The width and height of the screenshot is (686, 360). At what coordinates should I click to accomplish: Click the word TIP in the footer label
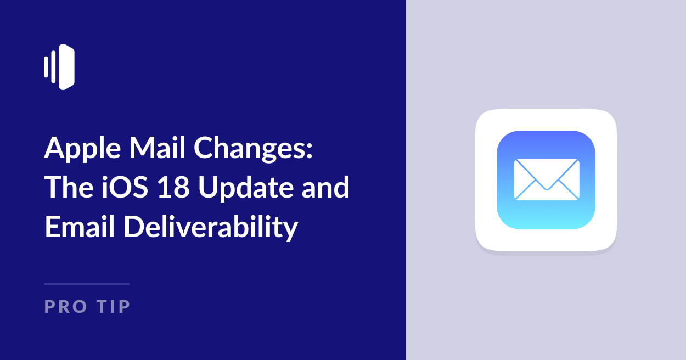pos(114,306)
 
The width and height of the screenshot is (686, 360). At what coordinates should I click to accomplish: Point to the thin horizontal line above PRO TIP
pos(87,284)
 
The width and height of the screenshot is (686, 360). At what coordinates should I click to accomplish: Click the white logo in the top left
pos(59,67)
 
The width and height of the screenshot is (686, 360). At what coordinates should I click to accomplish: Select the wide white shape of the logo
pos(66,67)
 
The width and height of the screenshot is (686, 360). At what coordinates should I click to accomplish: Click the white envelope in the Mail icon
pos(546,179)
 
